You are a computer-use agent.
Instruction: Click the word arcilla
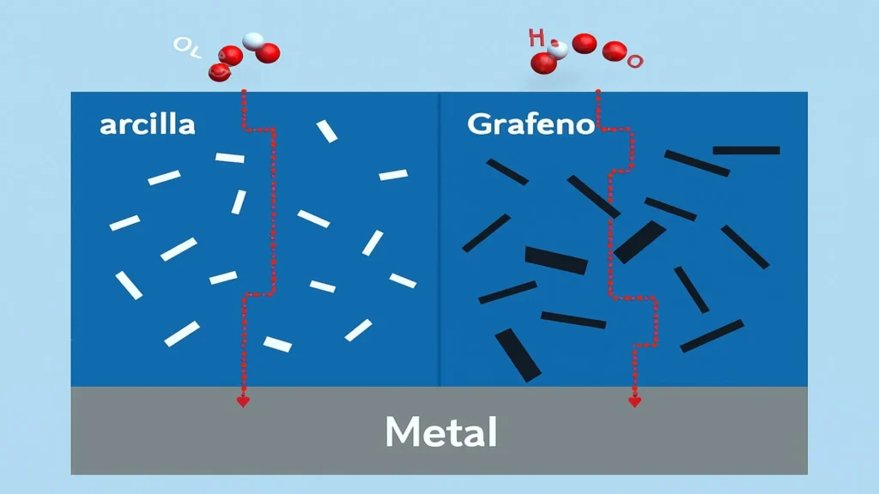pos(148,124)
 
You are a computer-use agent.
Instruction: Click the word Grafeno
pos(530,124)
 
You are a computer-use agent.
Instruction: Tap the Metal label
pos(440,432)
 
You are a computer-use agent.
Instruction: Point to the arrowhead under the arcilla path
pos(243,401)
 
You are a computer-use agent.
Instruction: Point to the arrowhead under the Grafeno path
pos(634,401)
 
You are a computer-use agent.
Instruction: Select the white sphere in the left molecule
pos(253,40)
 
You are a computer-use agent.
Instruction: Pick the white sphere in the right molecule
pos(559,49)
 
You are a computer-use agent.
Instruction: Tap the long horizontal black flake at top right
pos(746,150)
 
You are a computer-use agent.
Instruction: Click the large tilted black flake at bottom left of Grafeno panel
pos(518,354)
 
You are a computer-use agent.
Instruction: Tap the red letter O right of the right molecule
pos(635,61)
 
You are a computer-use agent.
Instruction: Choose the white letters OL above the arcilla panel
pos(186,46)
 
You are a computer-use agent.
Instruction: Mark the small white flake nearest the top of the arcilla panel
pos(327,130)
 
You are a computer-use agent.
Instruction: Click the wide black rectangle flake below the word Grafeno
pos(556,260)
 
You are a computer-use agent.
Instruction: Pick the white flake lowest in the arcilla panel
pos(277,344)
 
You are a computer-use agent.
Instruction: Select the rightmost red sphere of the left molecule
pos(268,53)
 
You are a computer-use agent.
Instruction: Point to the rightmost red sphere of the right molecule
pos(614,51)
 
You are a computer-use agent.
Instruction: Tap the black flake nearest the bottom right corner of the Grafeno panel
pos(712,335)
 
